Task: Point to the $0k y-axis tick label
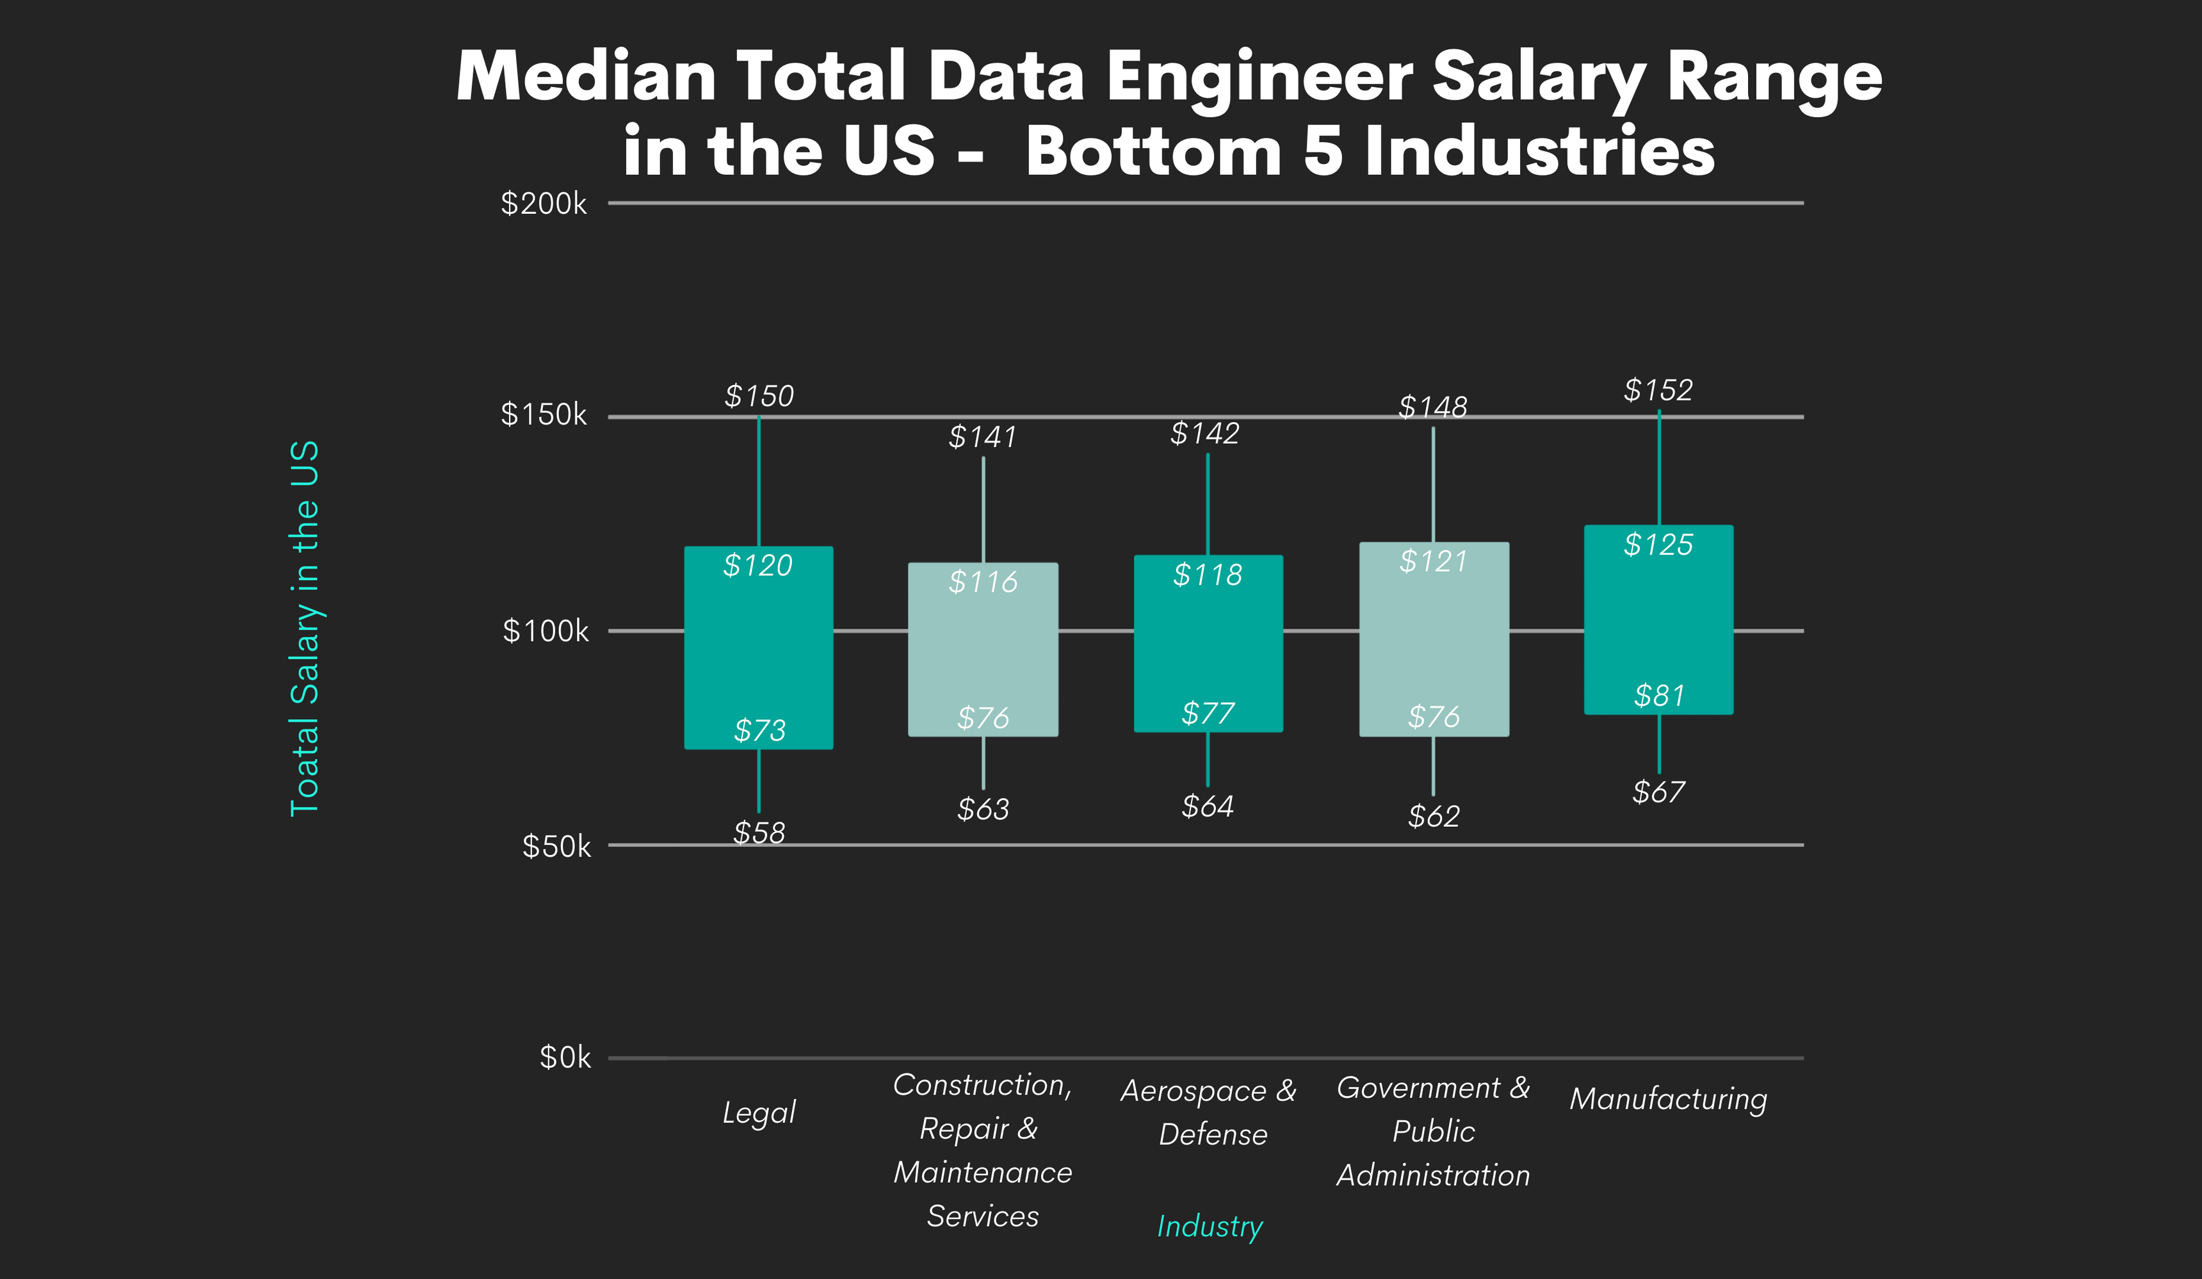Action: tap(565, 1058)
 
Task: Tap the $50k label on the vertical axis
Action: tap(556, 846)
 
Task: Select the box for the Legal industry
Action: tap(759, 648)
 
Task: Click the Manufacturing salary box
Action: tap(1658, 620)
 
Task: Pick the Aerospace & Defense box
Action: tap(1208, 644)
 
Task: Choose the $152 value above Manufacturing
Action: tap(1658, 390)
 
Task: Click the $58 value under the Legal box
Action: tap(759, 832)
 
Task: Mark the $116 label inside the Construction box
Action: tap(983, 582)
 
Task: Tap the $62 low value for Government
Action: tap(1433, 816)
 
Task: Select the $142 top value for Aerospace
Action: tap(1204, 434)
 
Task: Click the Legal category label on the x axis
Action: tap(759, 1112)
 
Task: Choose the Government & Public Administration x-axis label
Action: tap(1433, 1131)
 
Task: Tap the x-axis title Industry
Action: tap(1210, 1226)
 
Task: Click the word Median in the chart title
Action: tap(585, 76)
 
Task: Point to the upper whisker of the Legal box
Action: tap(759, 482)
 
